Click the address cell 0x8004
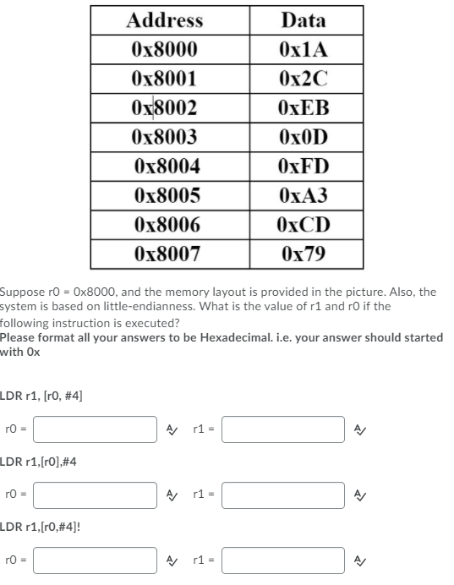167,167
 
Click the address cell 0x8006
167,225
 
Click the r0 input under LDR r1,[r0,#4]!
95,560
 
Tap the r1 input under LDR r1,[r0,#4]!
282,560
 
